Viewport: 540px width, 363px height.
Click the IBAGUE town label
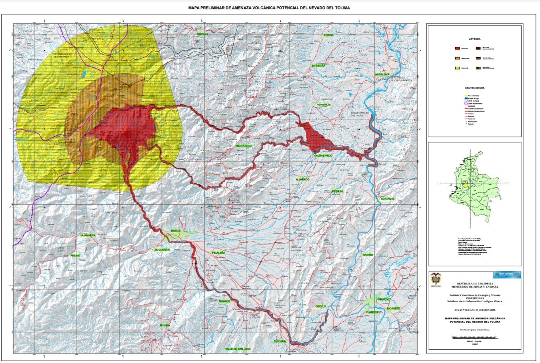(x=175, y=231)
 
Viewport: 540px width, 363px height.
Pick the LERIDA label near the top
(x=329, y=35)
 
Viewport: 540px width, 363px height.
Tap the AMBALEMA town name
(x=382, y=74)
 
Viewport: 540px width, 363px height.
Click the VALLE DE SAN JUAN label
(x=238, y=348)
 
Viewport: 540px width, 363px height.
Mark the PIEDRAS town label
(x=337, y=191)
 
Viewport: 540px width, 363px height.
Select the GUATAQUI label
(x=388, y=199)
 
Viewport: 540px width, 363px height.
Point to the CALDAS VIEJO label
(x=324, y=155)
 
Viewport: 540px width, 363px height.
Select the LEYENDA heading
(x=475, y=39)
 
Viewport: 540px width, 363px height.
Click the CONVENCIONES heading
(x=475, y=88)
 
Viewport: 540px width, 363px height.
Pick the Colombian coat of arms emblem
(x=436, y=279)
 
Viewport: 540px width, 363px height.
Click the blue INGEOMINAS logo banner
(x=507, y=275)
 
